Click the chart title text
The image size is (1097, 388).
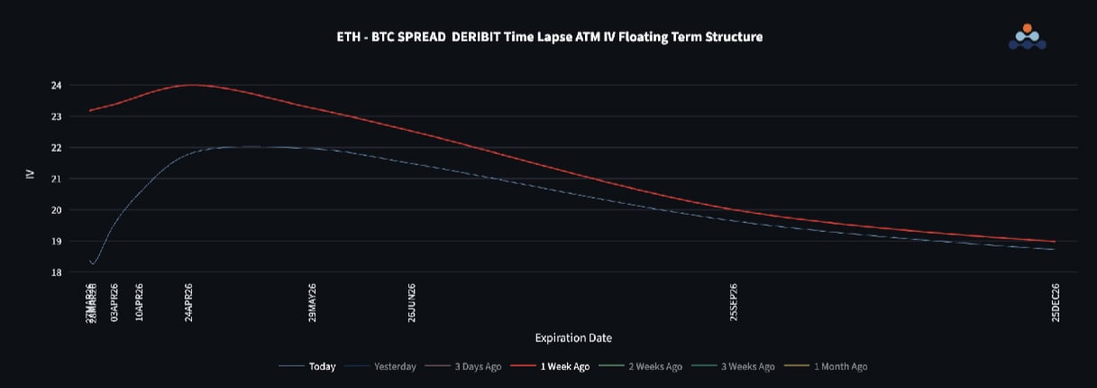[548, 37]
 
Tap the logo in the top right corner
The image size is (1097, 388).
[1027, 36]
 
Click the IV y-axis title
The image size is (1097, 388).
[30, 172]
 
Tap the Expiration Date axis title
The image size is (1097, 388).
[573, 338]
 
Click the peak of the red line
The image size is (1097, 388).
[191, 85]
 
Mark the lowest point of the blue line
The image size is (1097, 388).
[93, 263]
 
